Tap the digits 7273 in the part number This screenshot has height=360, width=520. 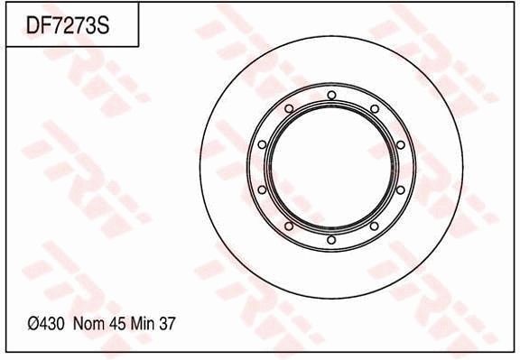(x=74, y=26)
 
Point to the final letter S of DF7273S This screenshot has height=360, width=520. (x=103, y=26)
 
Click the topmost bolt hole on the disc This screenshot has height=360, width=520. (x=331, y=95)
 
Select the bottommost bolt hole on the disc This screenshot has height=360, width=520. (x=331, y=239)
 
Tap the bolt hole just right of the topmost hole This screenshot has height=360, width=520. (x=374, y=108)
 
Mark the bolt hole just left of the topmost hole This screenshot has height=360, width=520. (x=288, y=108)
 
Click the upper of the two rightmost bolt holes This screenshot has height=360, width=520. (x=400, y=144)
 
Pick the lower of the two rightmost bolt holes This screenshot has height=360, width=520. (x=400, y=189)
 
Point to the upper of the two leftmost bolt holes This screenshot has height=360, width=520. (x=262, y=144)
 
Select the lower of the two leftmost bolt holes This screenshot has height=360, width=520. (x=262, y=189)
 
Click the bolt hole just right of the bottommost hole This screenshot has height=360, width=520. (x=374, y=226)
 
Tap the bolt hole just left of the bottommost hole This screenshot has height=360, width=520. (x=288, y=226)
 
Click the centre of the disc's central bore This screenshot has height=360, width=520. (x=331, y=167)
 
